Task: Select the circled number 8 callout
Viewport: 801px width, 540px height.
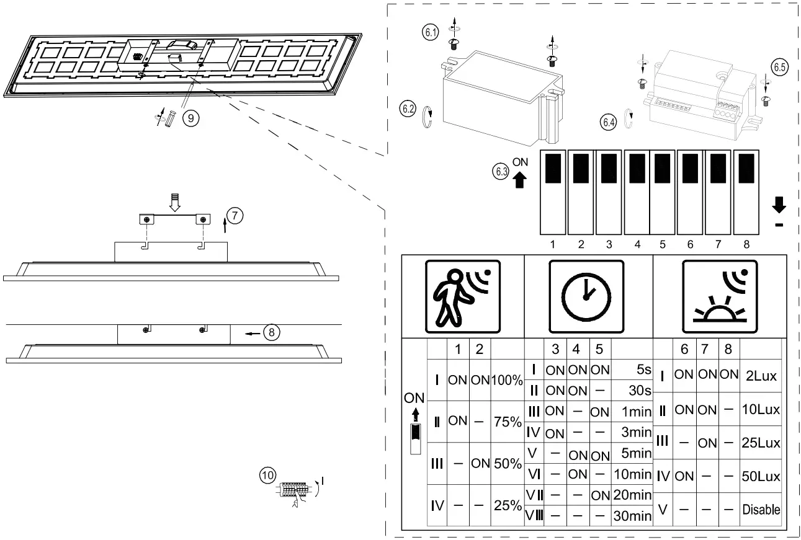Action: click(272, 332)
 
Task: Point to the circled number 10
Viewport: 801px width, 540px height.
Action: click(267, 476)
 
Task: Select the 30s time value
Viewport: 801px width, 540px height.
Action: click(639, 391)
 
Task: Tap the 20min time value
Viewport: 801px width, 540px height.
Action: click(632, 495)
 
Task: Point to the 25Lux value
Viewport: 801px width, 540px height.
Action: click(761, 443)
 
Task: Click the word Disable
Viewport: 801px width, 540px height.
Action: click(761, 510)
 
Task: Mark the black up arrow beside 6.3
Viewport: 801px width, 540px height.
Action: click(520, 179)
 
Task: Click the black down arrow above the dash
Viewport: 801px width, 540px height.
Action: click(779, 205)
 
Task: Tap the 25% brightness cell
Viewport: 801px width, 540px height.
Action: click(507, 505)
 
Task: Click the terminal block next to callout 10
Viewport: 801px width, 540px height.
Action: click(295, 489)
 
